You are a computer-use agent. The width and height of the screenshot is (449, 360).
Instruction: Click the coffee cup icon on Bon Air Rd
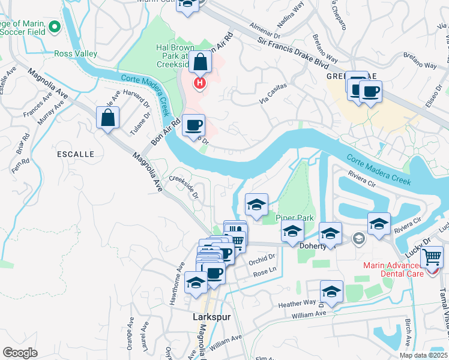[193, 125]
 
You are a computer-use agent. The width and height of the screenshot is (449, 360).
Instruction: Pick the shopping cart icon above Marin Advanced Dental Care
[432, 258]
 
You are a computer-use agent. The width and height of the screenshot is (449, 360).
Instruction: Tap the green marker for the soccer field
[55, 27]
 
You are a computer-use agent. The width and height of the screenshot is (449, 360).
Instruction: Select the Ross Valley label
[76, 53]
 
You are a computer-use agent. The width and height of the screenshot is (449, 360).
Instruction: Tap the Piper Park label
[291, 218]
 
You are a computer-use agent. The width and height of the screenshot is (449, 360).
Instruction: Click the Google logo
[20, 352]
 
